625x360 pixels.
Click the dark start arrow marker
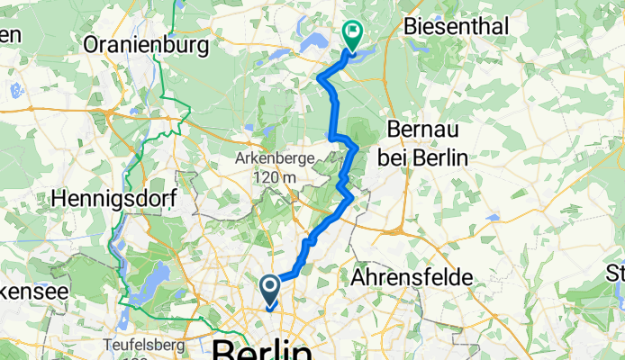(270, 289)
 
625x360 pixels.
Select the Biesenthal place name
(456, 25)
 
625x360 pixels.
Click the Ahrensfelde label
(413, 277)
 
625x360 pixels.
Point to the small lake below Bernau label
(493, 217)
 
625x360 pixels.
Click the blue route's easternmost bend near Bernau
(358, 146)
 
